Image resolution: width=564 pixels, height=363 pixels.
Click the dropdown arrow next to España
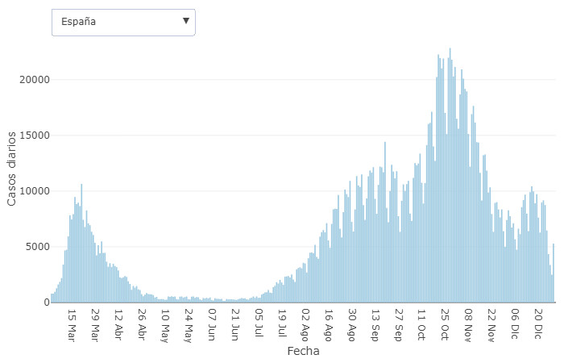[186, 21]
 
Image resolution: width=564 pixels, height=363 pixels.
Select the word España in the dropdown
[79, 22]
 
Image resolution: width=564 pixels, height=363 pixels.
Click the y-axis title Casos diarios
[11, 170]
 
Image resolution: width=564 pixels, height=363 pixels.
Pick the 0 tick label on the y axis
[47, 302]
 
